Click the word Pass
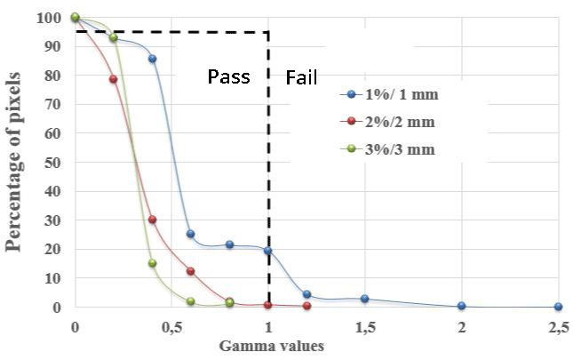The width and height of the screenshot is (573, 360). pyautogui.click(x=229, y=76)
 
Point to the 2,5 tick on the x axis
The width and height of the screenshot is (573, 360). pyautogui.click(x=558, y=326)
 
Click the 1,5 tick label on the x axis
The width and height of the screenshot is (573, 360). pyautogui.click(x=364, y=326)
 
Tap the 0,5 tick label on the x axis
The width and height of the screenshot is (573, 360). pyautogui.click(x=171, y=326)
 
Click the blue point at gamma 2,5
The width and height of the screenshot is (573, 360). pyautogui.click(x=558, y=307)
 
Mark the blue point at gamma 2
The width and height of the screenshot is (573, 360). pyautogui.click(x=461, y=306)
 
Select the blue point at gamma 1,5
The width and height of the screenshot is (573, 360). pyautogui.click(x=364, y=299)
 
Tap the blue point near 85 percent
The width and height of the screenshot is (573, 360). pyautogui.click(x=152, y=59)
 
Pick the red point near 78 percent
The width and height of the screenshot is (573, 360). pyautogui.click(x=113, y=79)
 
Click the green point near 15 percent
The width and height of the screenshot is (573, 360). pyautogui.click(x=152, y=263)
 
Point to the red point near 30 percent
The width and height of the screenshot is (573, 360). pyautogui.click(x=152, y=220)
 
